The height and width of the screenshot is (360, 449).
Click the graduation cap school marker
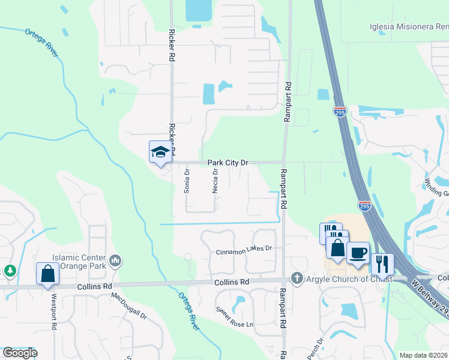(x=160, y=152)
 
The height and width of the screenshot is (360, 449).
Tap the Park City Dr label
(x=228, y=163)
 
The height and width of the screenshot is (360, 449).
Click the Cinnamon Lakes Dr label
(x=244, y=249)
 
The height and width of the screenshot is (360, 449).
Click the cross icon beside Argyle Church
(x=295, y=278)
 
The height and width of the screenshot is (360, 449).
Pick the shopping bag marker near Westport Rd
(x=47, y=274)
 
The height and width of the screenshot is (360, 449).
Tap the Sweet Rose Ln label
(x=235, y=317)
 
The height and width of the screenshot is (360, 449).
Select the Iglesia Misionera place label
(x=408, y=26)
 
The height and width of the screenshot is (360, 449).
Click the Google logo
(x=20, y=353)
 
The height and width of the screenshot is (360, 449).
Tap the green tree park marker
(x=10, y=271)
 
